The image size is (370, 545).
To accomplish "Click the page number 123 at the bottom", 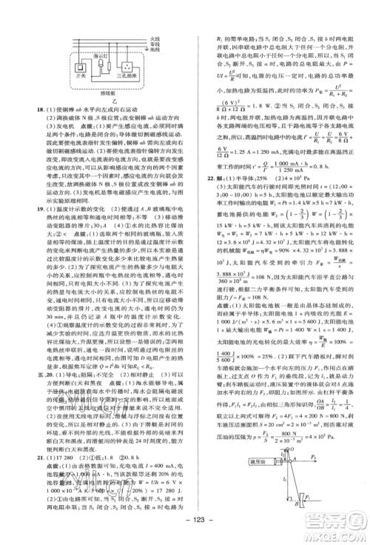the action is [185, 532].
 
